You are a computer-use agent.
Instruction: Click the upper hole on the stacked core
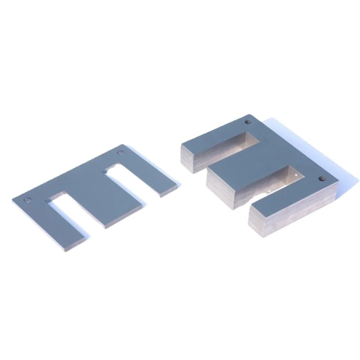(x=247, y=121)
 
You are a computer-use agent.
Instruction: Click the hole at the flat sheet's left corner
(x=28, y=199)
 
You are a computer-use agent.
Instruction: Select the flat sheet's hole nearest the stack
(x=120, y=153)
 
